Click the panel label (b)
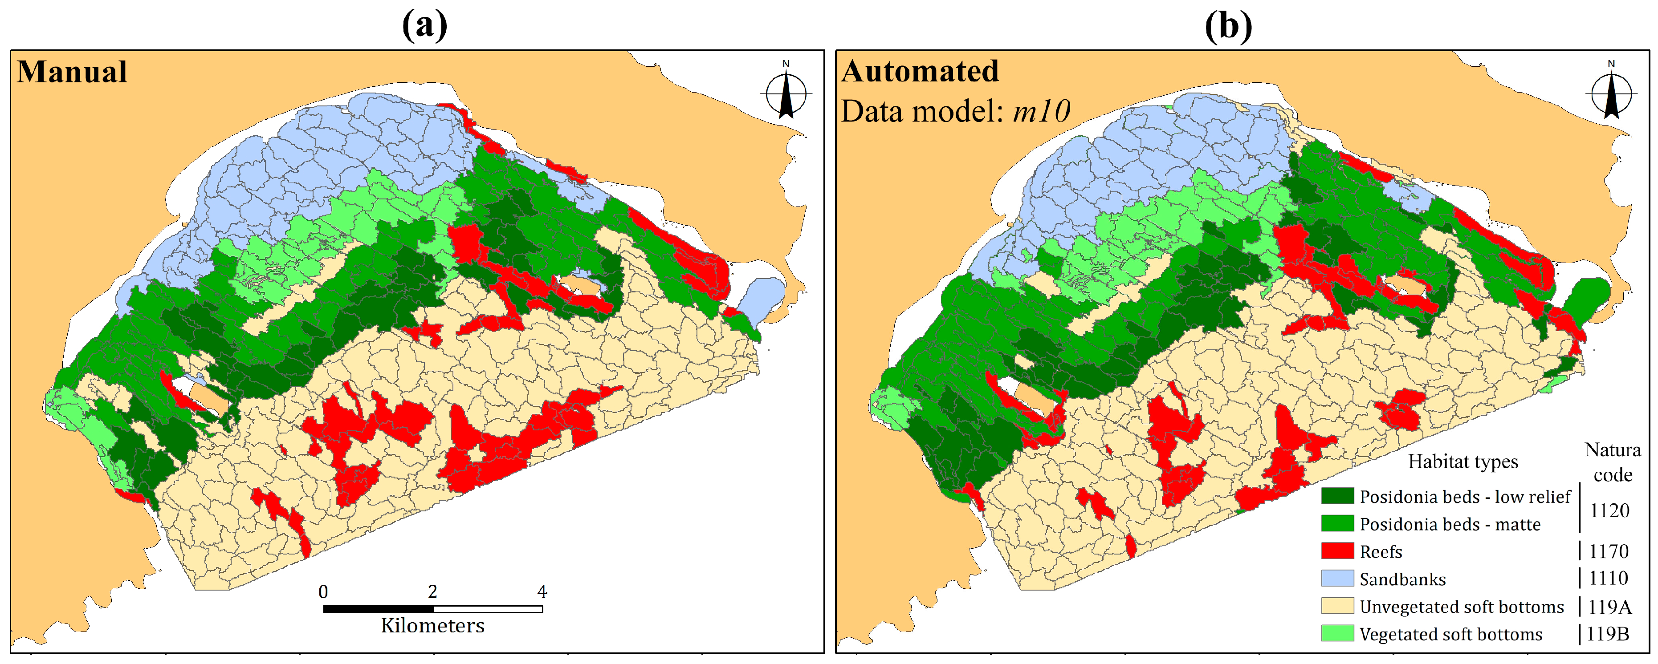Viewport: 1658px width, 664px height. [1228, 26]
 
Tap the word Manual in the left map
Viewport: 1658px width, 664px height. [72, 71]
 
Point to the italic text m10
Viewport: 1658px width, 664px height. [1041, 111]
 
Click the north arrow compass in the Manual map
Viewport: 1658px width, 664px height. [786, 93]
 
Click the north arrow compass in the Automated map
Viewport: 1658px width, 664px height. [1611, 93]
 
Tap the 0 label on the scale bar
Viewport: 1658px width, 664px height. [323, 591]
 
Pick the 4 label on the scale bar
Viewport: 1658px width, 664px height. [542, 591]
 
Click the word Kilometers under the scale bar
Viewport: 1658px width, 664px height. [432, 625]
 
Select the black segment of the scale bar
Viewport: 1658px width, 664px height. [378, 609]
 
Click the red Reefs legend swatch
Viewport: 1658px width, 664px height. [1337, 551]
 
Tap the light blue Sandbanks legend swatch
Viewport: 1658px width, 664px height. [1337, 579]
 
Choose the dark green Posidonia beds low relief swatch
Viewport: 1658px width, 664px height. [1337, 496]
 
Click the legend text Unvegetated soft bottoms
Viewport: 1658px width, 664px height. [1461, 607]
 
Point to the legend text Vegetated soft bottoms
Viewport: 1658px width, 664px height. [1451, 634]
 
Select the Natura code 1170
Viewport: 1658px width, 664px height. [1609, 551]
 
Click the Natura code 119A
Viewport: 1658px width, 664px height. [1609, 607]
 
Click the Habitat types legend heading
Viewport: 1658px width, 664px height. [1462, 462]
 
